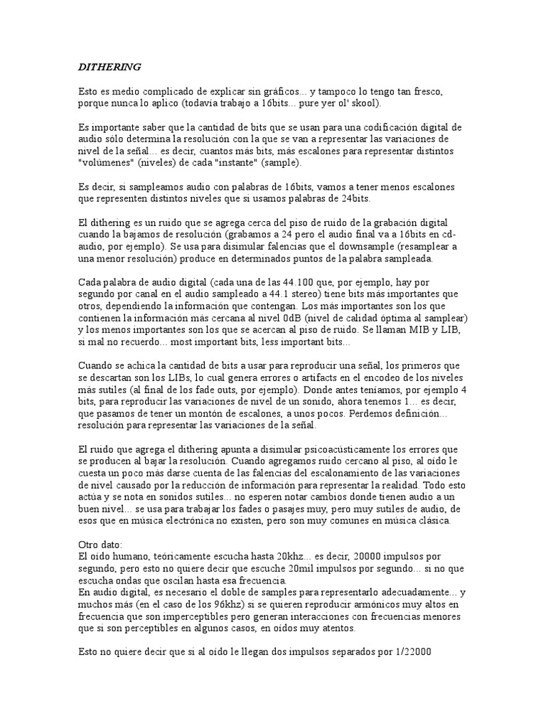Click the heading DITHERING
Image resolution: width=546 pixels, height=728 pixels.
pyautogui.click(x=109, y=67)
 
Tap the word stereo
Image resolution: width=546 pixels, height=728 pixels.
pyautogui.click(x=297, y=294)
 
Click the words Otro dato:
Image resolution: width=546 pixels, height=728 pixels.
pyautogui.click(x=101, y=544)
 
